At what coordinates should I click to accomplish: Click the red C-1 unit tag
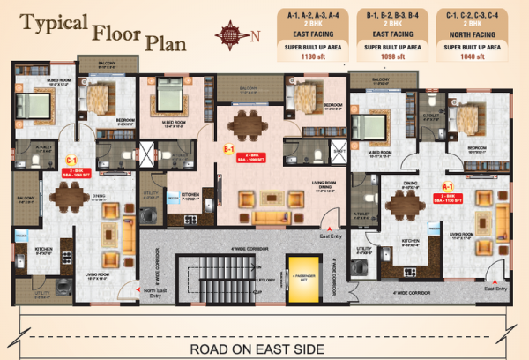[x=71, y=161]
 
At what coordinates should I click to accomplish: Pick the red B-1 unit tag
[x=228, y=150]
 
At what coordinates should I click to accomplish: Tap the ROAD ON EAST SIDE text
[x=264, y=349]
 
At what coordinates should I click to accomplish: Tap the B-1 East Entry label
[x=332, y=236]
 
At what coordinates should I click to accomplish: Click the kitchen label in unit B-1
[x=190, y=194]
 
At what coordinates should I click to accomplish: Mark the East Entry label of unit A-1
[x=495, y=289]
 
